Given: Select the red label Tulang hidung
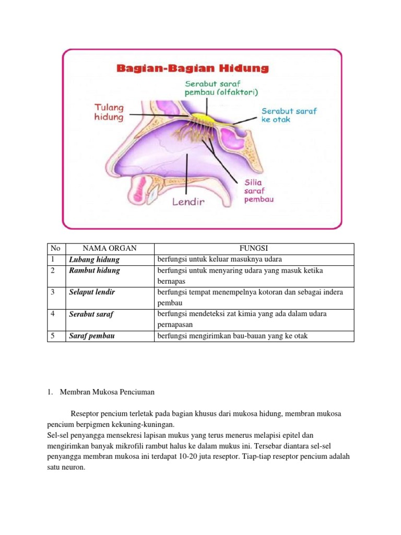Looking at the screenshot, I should click(109, 112).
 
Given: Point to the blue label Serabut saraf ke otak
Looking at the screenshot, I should click(289, 115).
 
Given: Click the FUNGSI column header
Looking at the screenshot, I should click(253, 248).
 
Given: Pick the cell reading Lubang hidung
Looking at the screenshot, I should click(94, 259).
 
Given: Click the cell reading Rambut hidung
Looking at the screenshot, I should click(95, 270).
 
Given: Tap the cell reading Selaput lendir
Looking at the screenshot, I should click(92, 292).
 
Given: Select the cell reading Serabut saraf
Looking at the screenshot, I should click(91, 314).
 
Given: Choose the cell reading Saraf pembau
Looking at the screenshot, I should click(92, 336).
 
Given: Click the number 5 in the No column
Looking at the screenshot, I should click(53, 336).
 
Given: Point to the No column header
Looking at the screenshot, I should click(54, 248).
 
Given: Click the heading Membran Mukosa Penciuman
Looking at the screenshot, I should click(107, 391).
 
